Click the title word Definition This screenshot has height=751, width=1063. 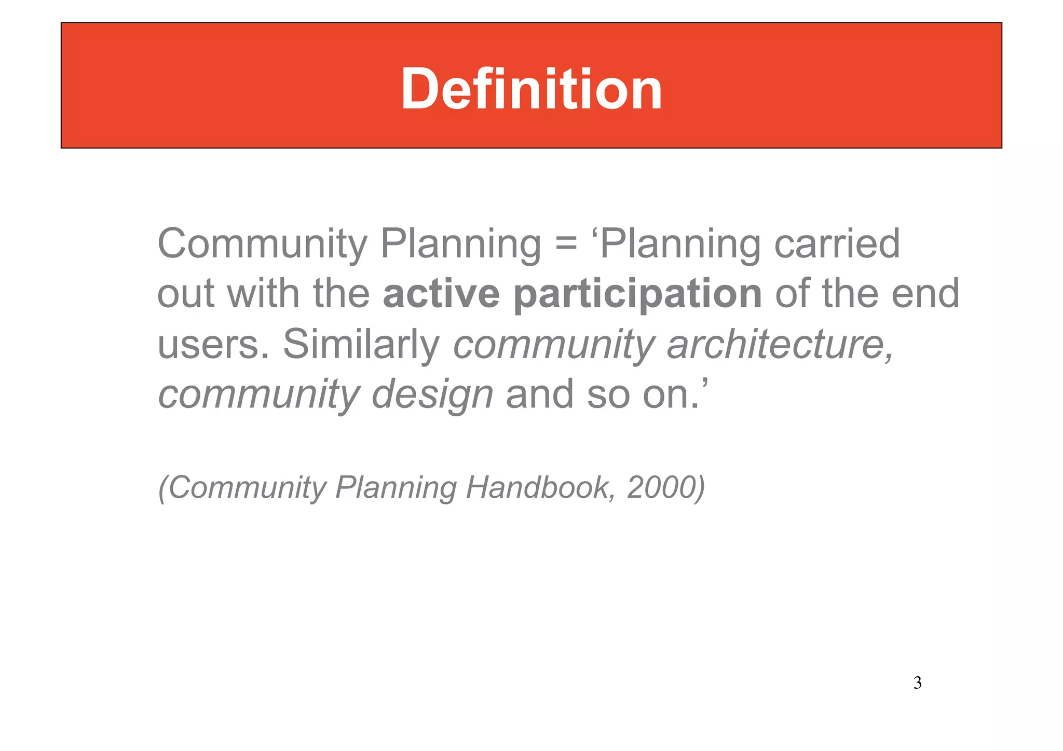[531, 89]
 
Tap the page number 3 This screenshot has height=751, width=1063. [917, 682]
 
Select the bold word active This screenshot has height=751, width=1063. [441, 294]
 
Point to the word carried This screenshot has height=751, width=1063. [837, 244]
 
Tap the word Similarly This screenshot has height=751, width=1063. [361, 344]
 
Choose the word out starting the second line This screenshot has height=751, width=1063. [186, 294]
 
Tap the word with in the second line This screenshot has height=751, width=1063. [263, 294]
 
